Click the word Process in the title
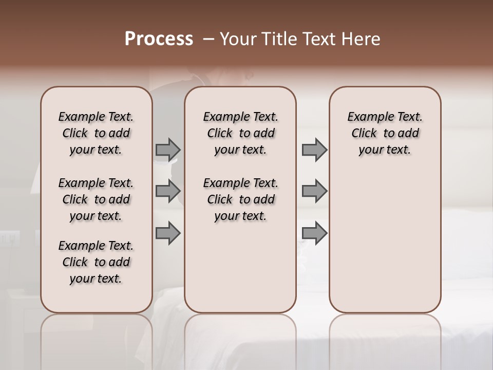(159, 39)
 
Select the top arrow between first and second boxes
(168, 150)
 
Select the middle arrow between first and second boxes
(168, 191)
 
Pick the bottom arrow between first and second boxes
(168, 233)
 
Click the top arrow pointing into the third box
(314, 150)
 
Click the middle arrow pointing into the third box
(314, 191)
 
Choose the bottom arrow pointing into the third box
(314, 233)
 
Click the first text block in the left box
(96, 133)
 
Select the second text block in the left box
(96, 199)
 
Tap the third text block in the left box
(96, 262)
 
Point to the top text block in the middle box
(240, 133)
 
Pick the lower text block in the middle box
(240, 199)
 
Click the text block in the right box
(385, 133)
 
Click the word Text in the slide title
(319, 39)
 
